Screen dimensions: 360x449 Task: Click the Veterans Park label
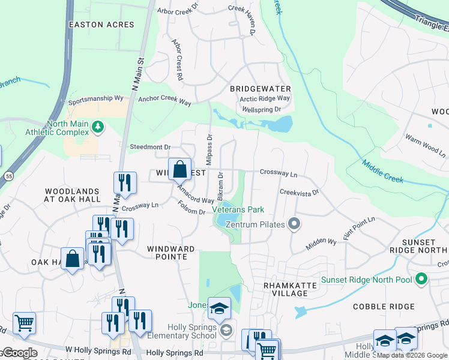[238, 211]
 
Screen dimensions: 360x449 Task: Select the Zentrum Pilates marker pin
[294, 224]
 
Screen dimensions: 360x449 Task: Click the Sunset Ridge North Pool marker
[421, 280]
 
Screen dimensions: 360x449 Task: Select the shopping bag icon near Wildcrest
[179, 170]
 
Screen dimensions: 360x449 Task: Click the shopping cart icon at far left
[24, 323]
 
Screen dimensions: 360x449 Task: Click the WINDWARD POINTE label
[171, 253]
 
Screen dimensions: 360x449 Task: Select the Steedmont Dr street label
[151, 146]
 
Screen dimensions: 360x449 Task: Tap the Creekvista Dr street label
[298, 192]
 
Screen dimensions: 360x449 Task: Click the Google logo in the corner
[20, 353]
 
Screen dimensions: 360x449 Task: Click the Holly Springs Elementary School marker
[226, 330]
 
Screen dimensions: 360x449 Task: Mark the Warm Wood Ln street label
[425, 146]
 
